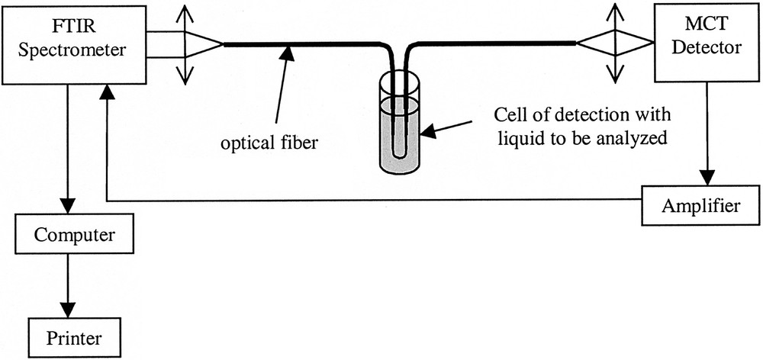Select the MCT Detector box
(x=706, y=43)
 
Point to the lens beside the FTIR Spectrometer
(x=184, y=43)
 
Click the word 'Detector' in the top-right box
(x=707, y=50)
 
